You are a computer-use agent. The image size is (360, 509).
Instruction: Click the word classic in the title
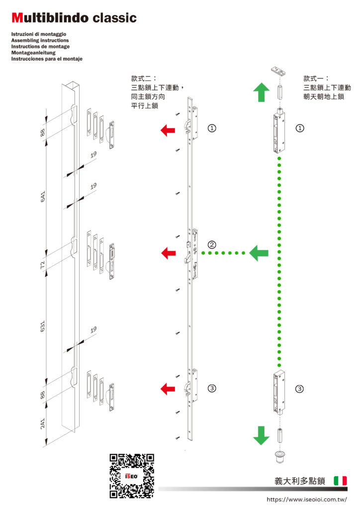click(x=113, y=18)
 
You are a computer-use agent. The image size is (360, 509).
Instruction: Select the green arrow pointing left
click(x=259, y=253)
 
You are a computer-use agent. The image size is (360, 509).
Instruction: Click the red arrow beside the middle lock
click(x=168, y=253)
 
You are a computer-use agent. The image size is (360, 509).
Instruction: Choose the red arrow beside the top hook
click(x=168, y=130)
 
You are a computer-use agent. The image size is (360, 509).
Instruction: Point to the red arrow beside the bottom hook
click(x=168, y=389)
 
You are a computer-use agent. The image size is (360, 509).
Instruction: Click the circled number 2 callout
click(x=212, y=245)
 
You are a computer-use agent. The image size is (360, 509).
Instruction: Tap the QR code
click(x=131, y=476)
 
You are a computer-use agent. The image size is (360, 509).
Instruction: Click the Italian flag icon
click(x=341, y=481)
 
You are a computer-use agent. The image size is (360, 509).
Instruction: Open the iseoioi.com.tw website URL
click(x=306, y=499)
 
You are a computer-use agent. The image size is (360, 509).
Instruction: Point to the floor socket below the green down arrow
click(x=279, y=456)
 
